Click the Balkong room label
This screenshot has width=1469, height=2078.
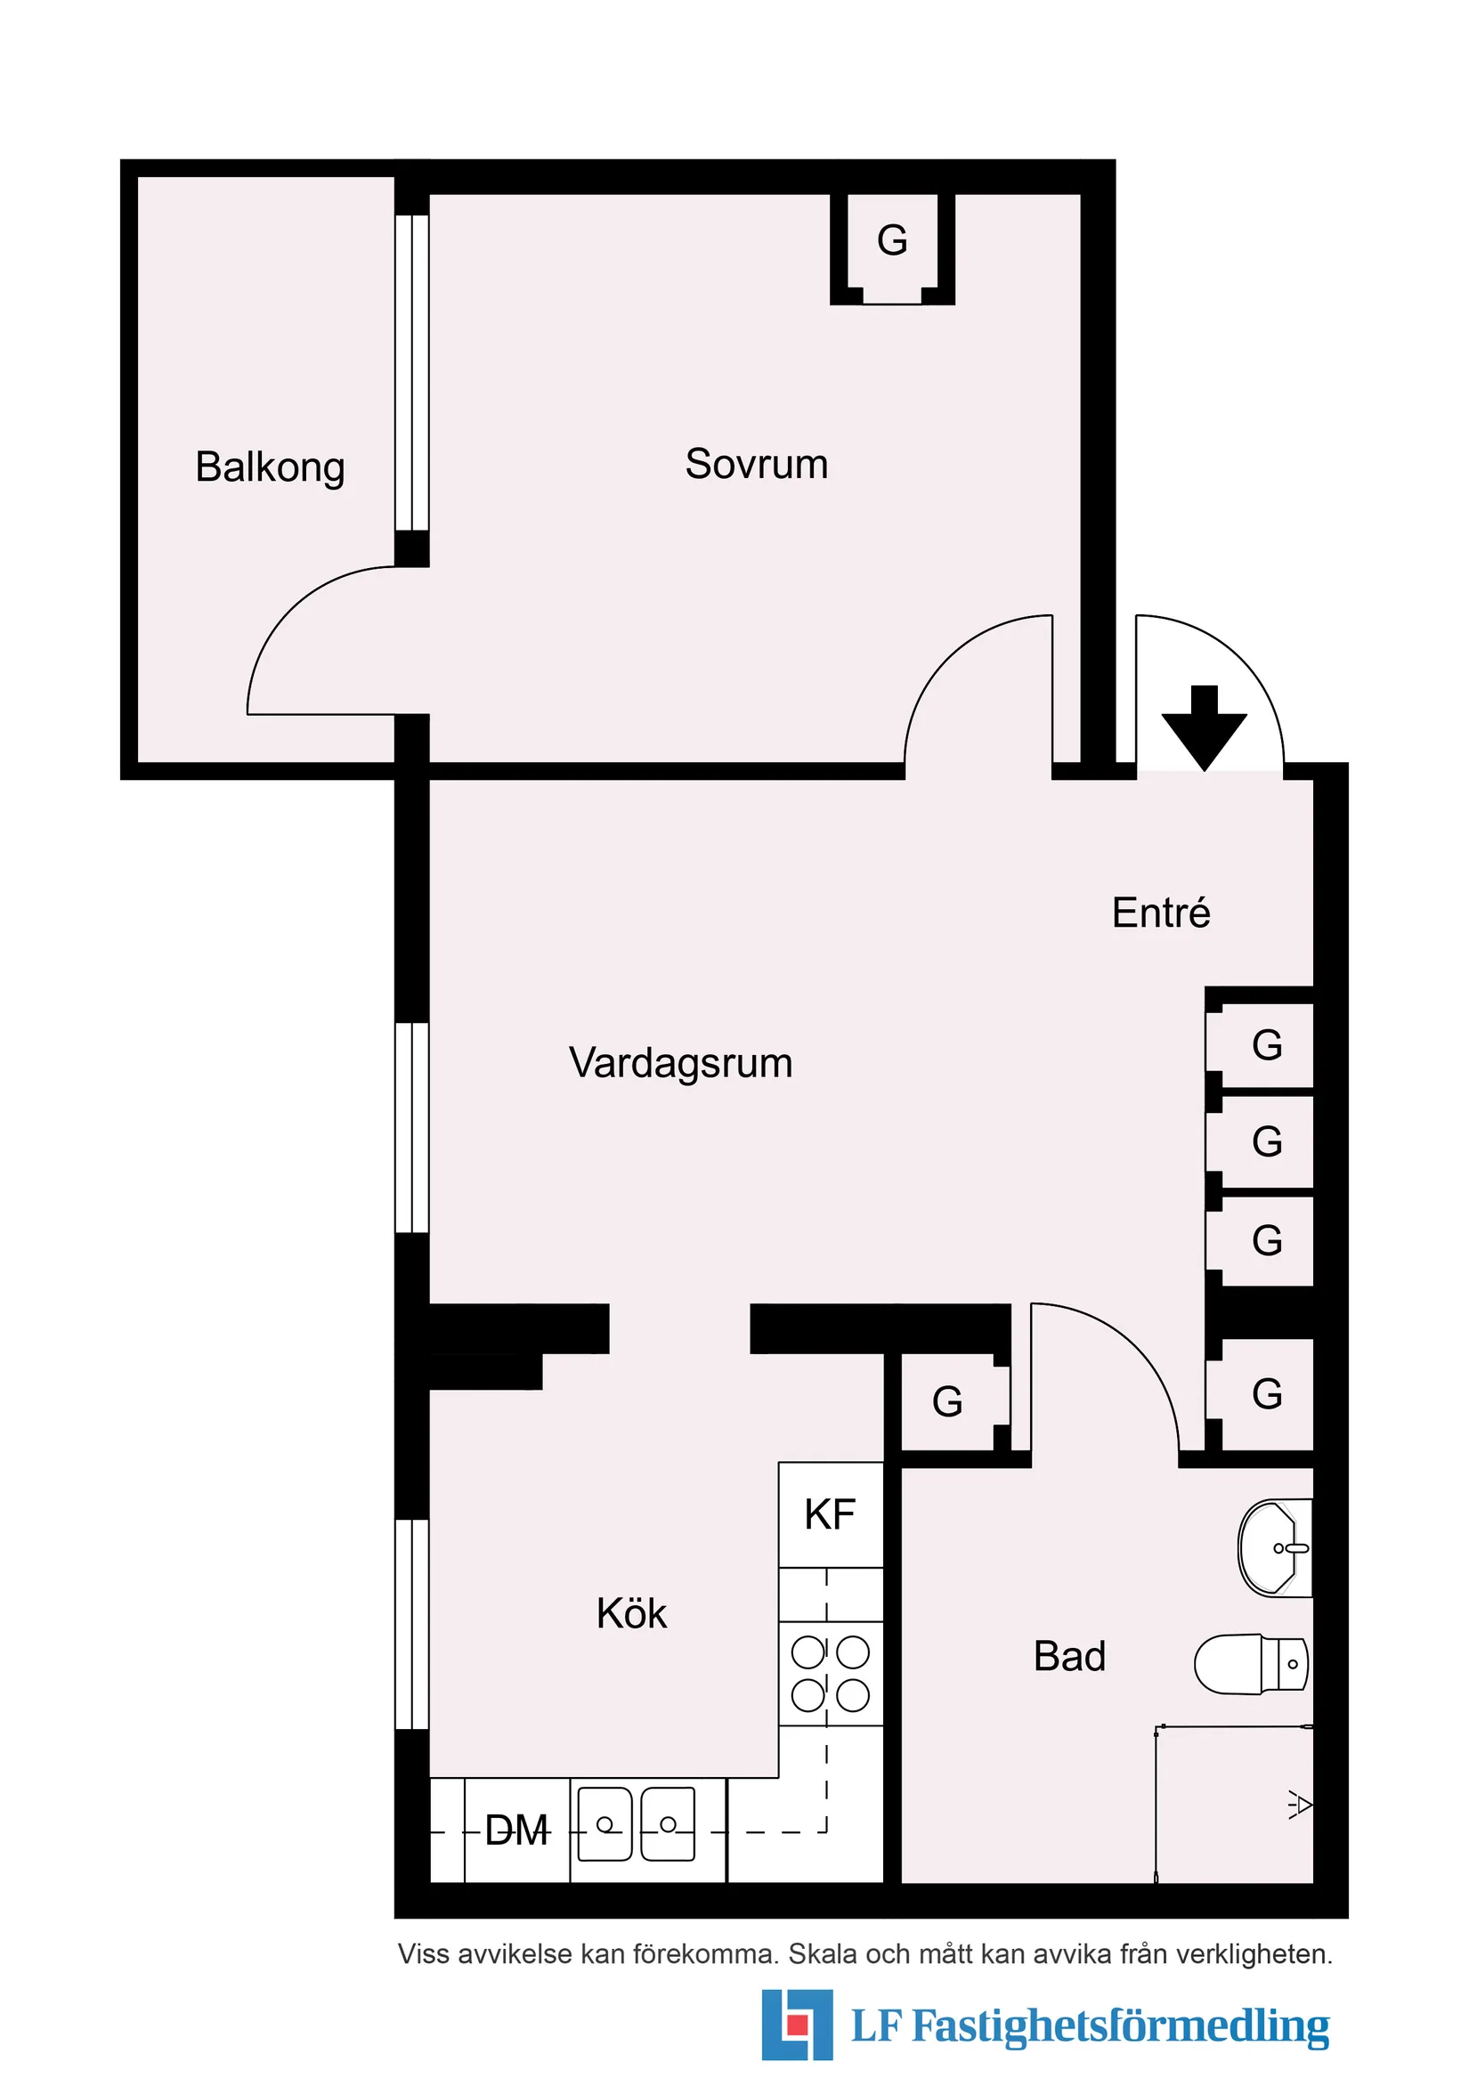(270, 467)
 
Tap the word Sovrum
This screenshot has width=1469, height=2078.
(756, 463)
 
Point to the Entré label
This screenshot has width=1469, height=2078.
(1160, 913)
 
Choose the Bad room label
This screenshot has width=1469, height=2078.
(1069, 1656)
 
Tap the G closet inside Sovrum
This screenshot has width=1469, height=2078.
(891, 240)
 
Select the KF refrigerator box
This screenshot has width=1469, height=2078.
(830, 1514)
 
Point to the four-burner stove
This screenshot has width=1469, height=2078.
(830, 1674)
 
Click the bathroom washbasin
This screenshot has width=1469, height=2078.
(1274, 1547)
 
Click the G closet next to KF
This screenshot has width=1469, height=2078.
(947, 1402)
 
